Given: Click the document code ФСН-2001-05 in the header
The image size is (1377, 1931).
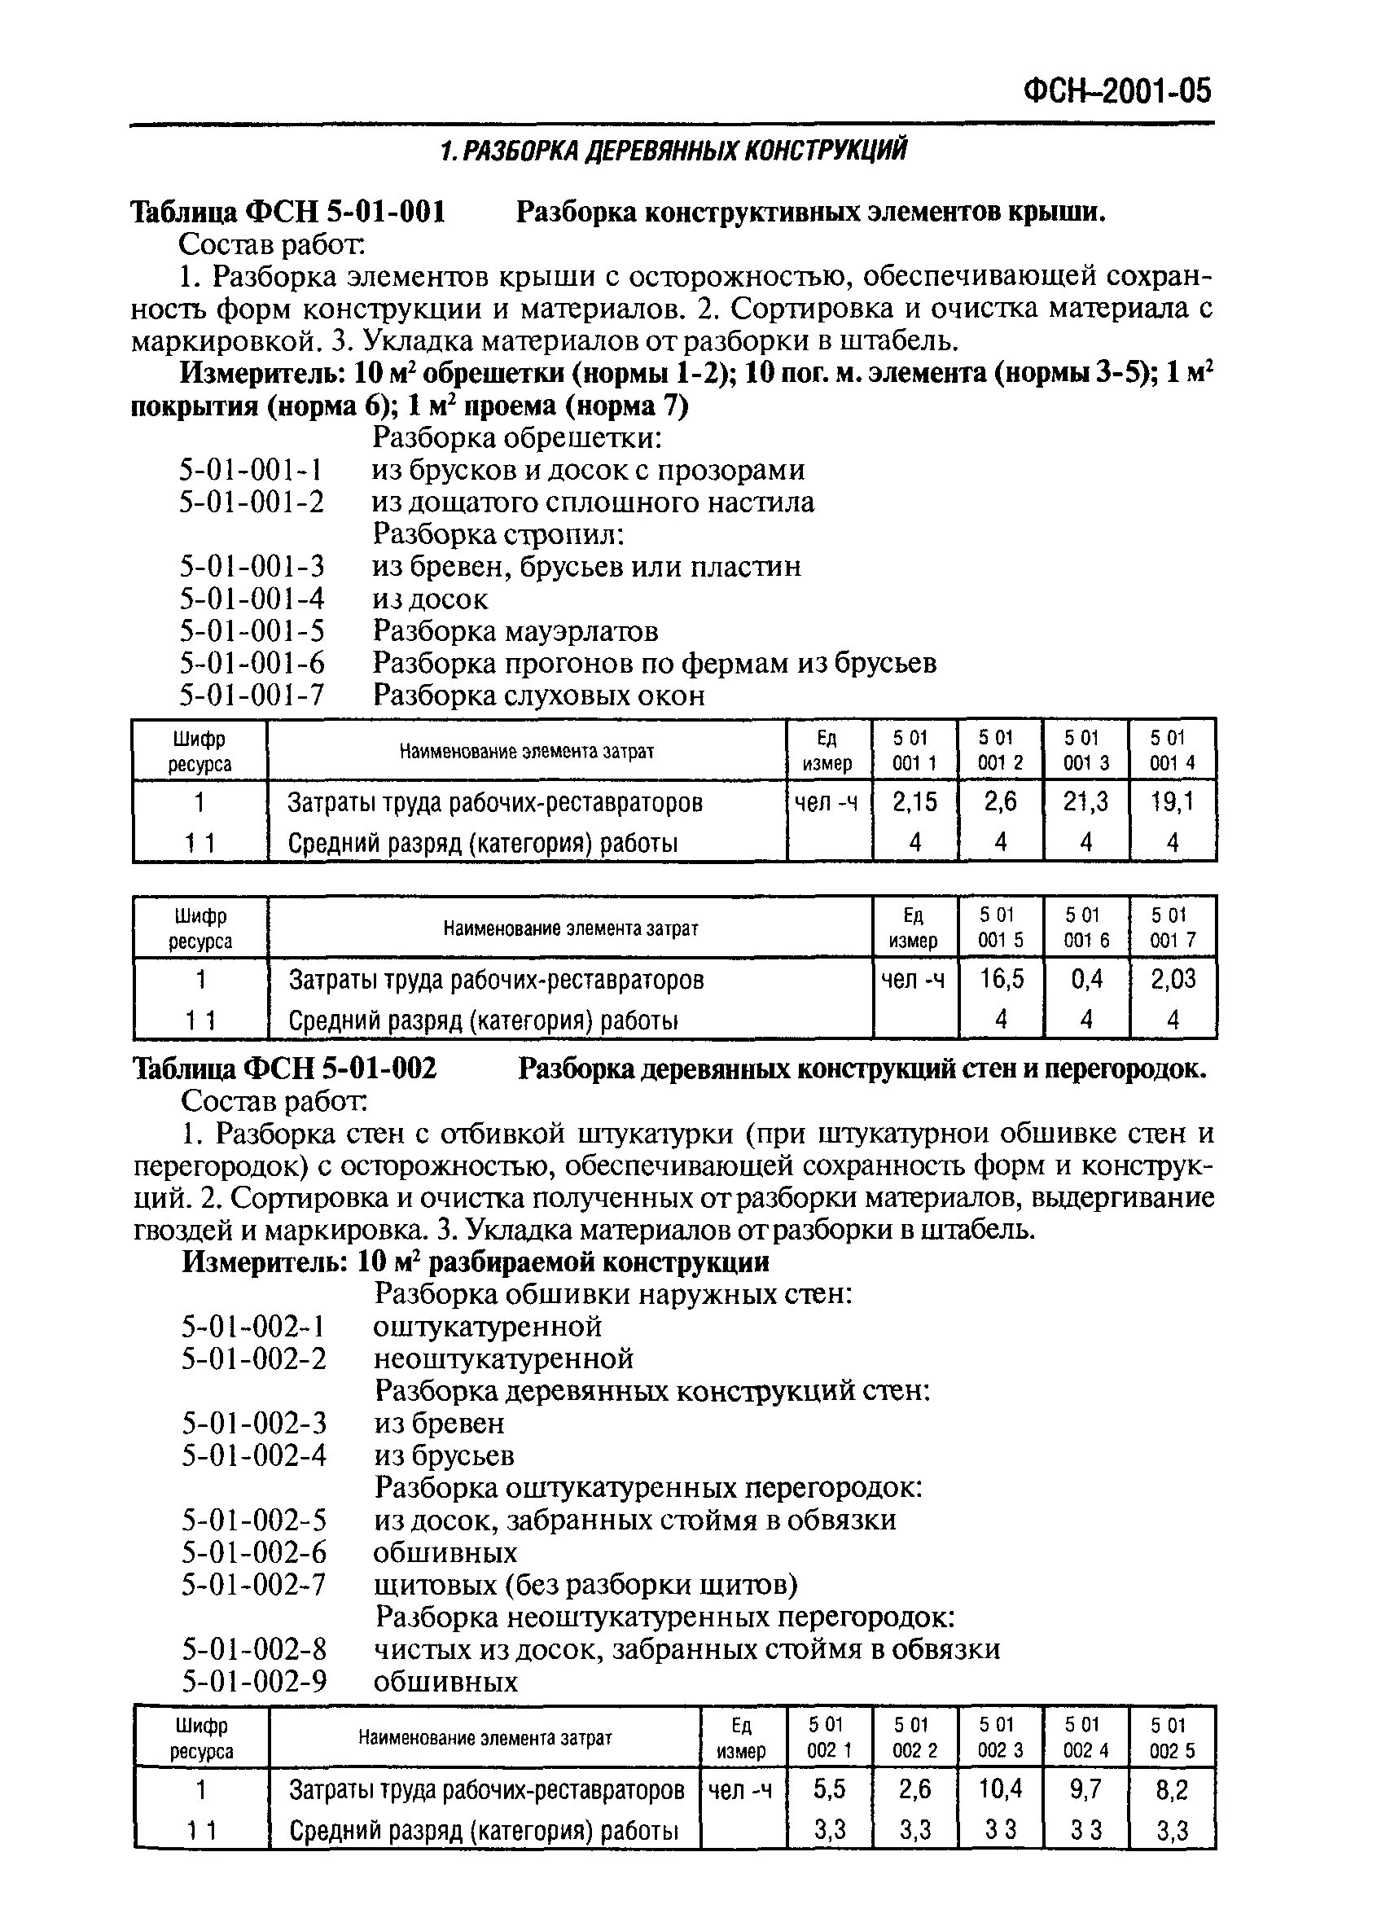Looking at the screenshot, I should click(x=1117, y=90).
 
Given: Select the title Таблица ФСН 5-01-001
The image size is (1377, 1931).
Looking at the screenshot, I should click(x=287, y=212).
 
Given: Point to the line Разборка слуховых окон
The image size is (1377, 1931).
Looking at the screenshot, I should click(x=538, y=696).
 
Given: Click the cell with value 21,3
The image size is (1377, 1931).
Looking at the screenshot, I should click(x=1085, y=801).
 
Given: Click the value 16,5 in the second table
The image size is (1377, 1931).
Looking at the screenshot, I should click(x=1002, y=980).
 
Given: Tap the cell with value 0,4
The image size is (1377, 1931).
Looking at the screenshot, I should click(x=1086, y=980).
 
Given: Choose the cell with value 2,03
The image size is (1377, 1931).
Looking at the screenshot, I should click(x=1173, y=980).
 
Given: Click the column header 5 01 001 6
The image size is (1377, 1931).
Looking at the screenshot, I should click(x=1086, y=927).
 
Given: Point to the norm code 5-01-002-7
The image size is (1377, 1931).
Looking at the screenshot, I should click(x=253, y=1584).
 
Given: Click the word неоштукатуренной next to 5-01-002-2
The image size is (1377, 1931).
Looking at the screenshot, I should click(x=504, y=1358).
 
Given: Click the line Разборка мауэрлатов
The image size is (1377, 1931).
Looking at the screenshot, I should click(x=515, y=631).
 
